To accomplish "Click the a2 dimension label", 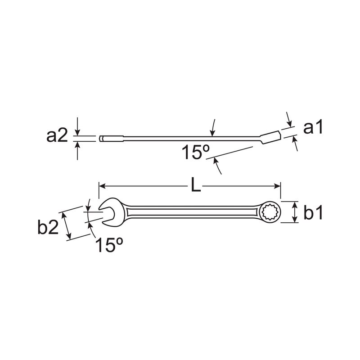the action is coord(57,136).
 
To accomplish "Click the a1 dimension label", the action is coord(313,127).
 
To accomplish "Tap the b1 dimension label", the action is coord(313,212).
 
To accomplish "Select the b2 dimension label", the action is coord(48,227).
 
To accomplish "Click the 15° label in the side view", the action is coord(196,152).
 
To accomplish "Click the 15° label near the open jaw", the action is coord(109,245).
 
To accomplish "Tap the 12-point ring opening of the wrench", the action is coord(270,212).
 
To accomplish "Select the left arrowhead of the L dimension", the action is coord(102,185).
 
